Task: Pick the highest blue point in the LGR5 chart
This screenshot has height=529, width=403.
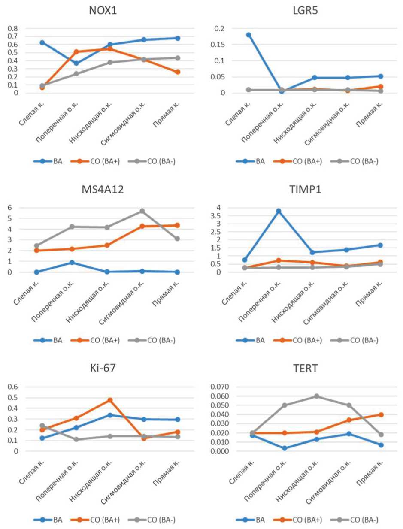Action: pos(248,35)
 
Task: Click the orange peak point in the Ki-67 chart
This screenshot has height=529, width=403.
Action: pos(110,400)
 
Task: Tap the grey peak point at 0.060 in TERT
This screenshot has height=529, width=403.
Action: pos(317,396)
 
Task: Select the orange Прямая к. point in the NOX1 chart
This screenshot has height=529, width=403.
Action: pos(177,72)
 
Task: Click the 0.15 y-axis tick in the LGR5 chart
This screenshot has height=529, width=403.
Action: pos(216,45)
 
